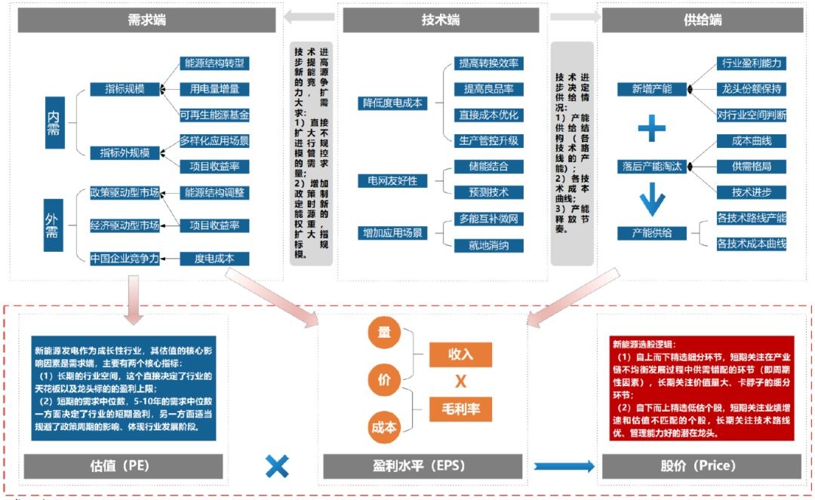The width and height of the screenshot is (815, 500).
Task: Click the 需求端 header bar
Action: (x=146, y=20)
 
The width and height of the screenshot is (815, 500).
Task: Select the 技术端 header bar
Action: (x=441, y=20)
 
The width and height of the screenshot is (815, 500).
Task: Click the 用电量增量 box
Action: (x=214, y=89)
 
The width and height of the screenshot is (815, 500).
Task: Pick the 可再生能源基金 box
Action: (x=214, y=115)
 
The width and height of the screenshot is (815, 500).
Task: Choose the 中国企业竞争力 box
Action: (x=125, y=259)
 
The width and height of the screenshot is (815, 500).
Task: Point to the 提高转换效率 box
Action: (x=489, y=63)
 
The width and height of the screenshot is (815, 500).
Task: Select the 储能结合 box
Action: (x=488, y=167)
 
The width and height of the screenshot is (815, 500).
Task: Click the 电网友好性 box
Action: (x=392, y=181)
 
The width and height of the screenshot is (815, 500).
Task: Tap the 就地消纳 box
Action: (x=488, y=245)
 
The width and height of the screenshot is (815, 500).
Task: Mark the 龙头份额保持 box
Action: (x=751, y=89)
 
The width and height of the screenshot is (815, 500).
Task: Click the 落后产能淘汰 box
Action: (x=652, y=166)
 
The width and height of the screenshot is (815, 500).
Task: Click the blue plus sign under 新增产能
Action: (x=652, y=128)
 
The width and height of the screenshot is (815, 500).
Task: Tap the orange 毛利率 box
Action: (x=461, y=410)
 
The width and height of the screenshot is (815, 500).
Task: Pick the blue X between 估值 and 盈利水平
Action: (x=277, y=466)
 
